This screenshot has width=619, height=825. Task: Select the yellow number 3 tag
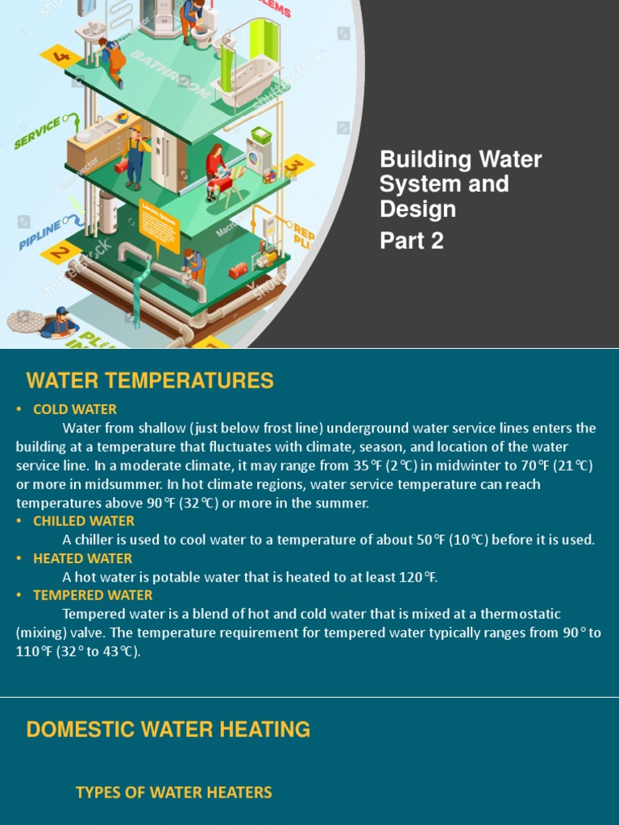pos(295,165)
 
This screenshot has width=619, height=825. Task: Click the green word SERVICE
pos(37,132)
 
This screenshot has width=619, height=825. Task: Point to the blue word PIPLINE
pos(40,233)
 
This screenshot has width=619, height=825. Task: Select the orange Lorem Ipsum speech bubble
pos(159,218)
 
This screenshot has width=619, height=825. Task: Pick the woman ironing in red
pos(215,169)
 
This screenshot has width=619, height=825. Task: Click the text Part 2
pos(412,241)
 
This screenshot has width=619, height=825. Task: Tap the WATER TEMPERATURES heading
pos(150,380)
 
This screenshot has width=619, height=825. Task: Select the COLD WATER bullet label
pos(75,409)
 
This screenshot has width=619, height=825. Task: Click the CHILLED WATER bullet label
pos(84,521)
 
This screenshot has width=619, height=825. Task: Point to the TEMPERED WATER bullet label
pos(93,595)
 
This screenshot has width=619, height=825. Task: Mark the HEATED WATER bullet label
pos(82,558)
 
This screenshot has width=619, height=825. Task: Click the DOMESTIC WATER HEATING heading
pos(168,730)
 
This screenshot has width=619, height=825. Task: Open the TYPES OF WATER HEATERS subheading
pos(173,793)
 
